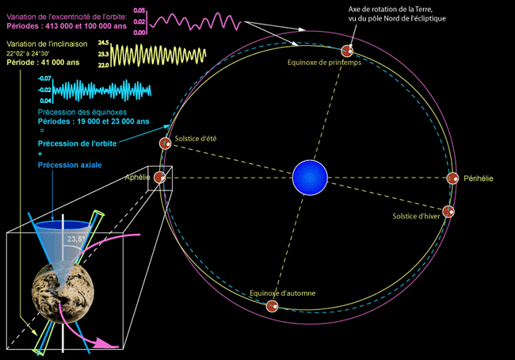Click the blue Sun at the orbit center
coord(309,178)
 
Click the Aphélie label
coord(138,178)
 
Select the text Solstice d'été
coord(198,140)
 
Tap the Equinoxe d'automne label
coord(283,293)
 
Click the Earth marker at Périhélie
coord(452,178)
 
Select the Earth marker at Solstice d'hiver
coord(448,212)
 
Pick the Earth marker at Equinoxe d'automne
coord(271,305)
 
